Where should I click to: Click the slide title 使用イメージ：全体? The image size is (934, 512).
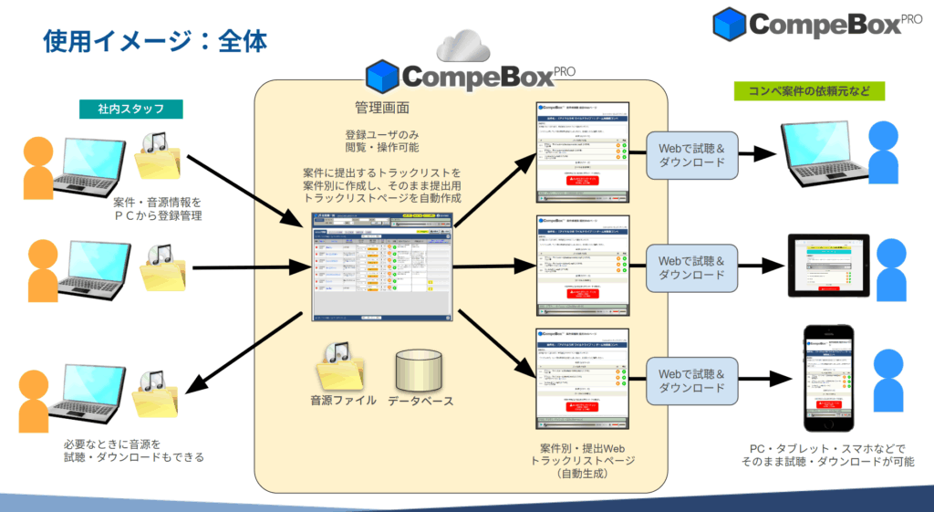click(155, 41)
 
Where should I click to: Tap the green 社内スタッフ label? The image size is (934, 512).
click(130, 110)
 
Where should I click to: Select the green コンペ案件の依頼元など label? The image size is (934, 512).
click(809, 91)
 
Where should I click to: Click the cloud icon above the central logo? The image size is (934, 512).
click(470, 46)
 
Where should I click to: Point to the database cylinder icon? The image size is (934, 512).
click(420, 367)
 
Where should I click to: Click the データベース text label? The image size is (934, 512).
click(420, 400)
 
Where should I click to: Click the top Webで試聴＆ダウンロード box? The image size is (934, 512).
click(691, 155)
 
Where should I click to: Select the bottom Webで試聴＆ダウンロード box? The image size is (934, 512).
click(691, 381)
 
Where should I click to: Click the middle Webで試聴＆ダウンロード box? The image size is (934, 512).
click(691, 267)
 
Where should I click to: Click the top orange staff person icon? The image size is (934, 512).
click(39, 166)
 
